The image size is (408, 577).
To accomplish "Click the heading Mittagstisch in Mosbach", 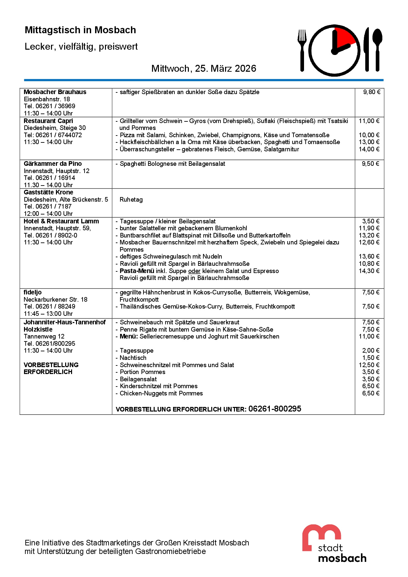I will pyautogui.click(x=80, y=30).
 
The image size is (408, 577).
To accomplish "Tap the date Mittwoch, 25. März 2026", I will pyautogui.click(x=204, y=68).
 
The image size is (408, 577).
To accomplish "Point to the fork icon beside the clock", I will pyautogui.click(x=302, y=49).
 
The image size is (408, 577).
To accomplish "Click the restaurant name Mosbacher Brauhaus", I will pyautogui.click(x=55, y=92).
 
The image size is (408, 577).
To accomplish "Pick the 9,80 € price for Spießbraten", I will pyautogui.click(x=371, y=92).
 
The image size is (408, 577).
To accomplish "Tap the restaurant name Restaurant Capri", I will pyautogui.click(x=48, y=121).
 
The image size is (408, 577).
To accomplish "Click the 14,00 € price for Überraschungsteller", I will pyautogui.click(x=369, y=149).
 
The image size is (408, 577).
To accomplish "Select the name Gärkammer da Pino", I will pyautogui.click(x=53, y=164).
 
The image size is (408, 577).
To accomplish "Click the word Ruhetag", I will pyautogui.click(x=131, y=200).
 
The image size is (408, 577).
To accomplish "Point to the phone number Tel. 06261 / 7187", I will pyautogui.click(x=48, y=207).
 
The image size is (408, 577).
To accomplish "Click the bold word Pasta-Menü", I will pyautogui.click(x=137, y=271).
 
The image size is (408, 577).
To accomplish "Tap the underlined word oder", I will pyautogui.click(x=194, y=271).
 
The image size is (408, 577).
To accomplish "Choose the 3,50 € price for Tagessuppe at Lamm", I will pyautogui.click(x=370, y=221).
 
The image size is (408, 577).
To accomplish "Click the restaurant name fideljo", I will pyautogui.click(x=33, y=292).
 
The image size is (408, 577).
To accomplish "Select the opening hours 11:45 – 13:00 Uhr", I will pyautogui.click(x=48, y=314).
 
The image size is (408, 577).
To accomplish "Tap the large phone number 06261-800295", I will pyautogui.click(x=275, y=409).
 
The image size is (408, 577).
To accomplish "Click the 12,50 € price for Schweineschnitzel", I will pyautogui.click(x=369, y=365).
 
